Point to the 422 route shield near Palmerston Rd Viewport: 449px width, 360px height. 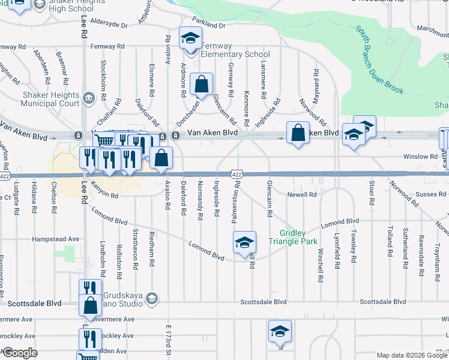(237, 173)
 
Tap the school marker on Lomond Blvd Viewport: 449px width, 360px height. (244, 243)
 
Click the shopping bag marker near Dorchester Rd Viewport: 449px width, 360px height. (202, 85)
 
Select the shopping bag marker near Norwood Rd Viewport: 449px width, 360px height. (298, 133)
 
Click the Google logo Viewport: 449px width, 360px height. (20, 353)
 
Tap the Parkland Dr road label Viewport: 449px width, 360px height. (209, 26)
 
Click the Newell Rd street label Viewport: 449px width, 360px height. (301, 194)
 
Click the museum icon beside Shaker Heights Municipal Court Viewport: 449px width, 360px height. (89, 97)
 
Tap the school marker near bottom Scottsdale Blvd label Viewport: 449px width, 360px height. (280, 332)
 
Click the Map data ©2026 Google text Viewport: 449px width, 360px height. (412, 355)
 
